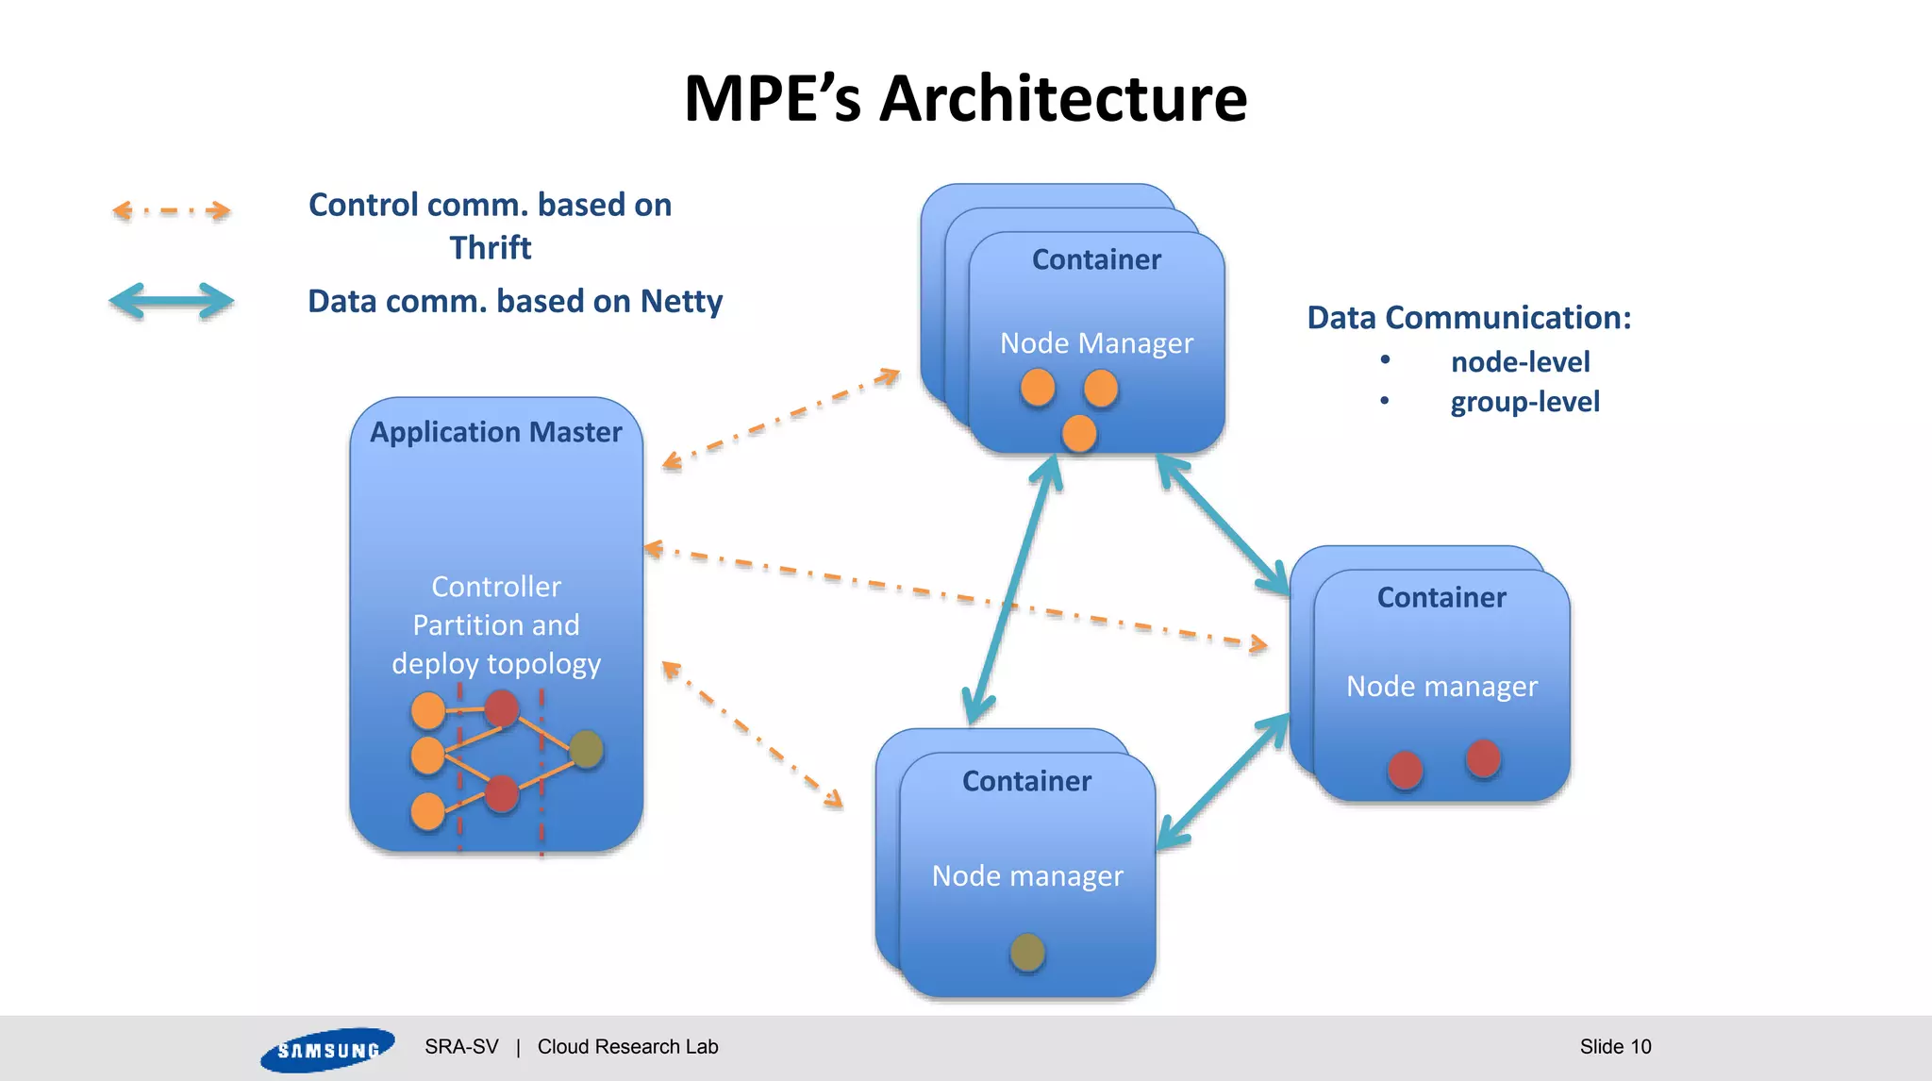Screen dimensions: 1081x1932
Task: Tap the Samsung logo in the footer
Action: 326,1049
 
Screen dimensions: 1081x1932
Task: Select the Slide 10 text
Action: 1615,1046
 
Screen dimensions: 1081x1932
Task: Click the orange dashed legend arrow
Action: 171,210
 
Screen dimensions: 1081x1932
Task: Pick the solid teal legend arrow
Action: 171,302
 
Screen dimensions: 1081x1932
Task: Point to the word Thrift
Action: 490,248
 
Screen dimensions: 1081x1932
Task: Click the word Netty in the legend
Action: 681,302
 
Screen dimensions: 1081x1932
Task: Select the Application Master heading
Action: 495,432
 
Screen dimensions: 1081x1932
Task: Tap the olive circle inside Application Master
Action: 586,749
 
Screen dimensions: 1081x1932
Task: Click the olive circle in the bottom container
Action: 1026,952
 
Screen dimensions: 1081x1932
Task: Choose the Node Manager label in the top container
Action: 1096,343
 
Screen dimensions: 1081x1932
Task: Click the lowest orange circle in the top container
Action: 1078,434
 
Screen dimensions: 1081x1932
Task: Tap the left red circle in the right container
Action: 1405,770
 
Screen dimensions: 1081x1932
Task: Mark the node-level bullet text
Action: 1520,362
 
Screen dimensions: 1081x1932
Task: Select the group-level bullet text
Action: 1524,402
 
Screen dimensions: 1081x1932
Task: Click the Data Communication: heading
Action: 1468,318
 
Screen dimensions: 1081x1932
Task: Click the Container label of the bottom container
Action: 1026,781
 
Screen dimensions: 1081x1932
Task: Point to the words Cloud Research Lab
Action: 627,1046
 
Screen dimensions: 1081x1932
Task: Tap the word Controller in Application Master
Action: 496,587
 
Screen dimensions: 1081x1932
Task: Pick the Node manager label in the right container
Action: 1441,687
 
